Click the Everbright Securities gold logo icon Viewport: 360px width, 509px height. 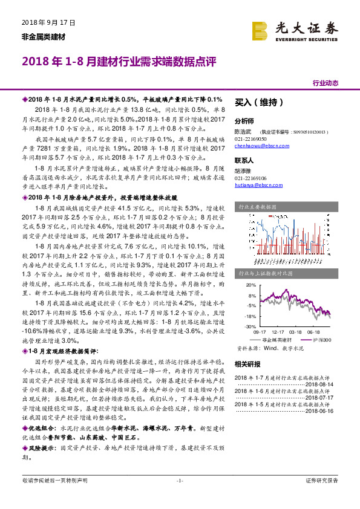tap(261, 30)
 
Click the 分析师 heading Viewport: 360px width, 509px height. tap(244, 121)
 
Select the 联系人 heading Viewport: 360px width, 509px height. tap(244, 161)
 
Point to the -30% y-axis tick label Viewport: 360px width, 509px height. tap(250, 326)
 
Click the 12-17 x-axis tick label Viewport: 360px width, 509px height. tap(278, 332)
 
